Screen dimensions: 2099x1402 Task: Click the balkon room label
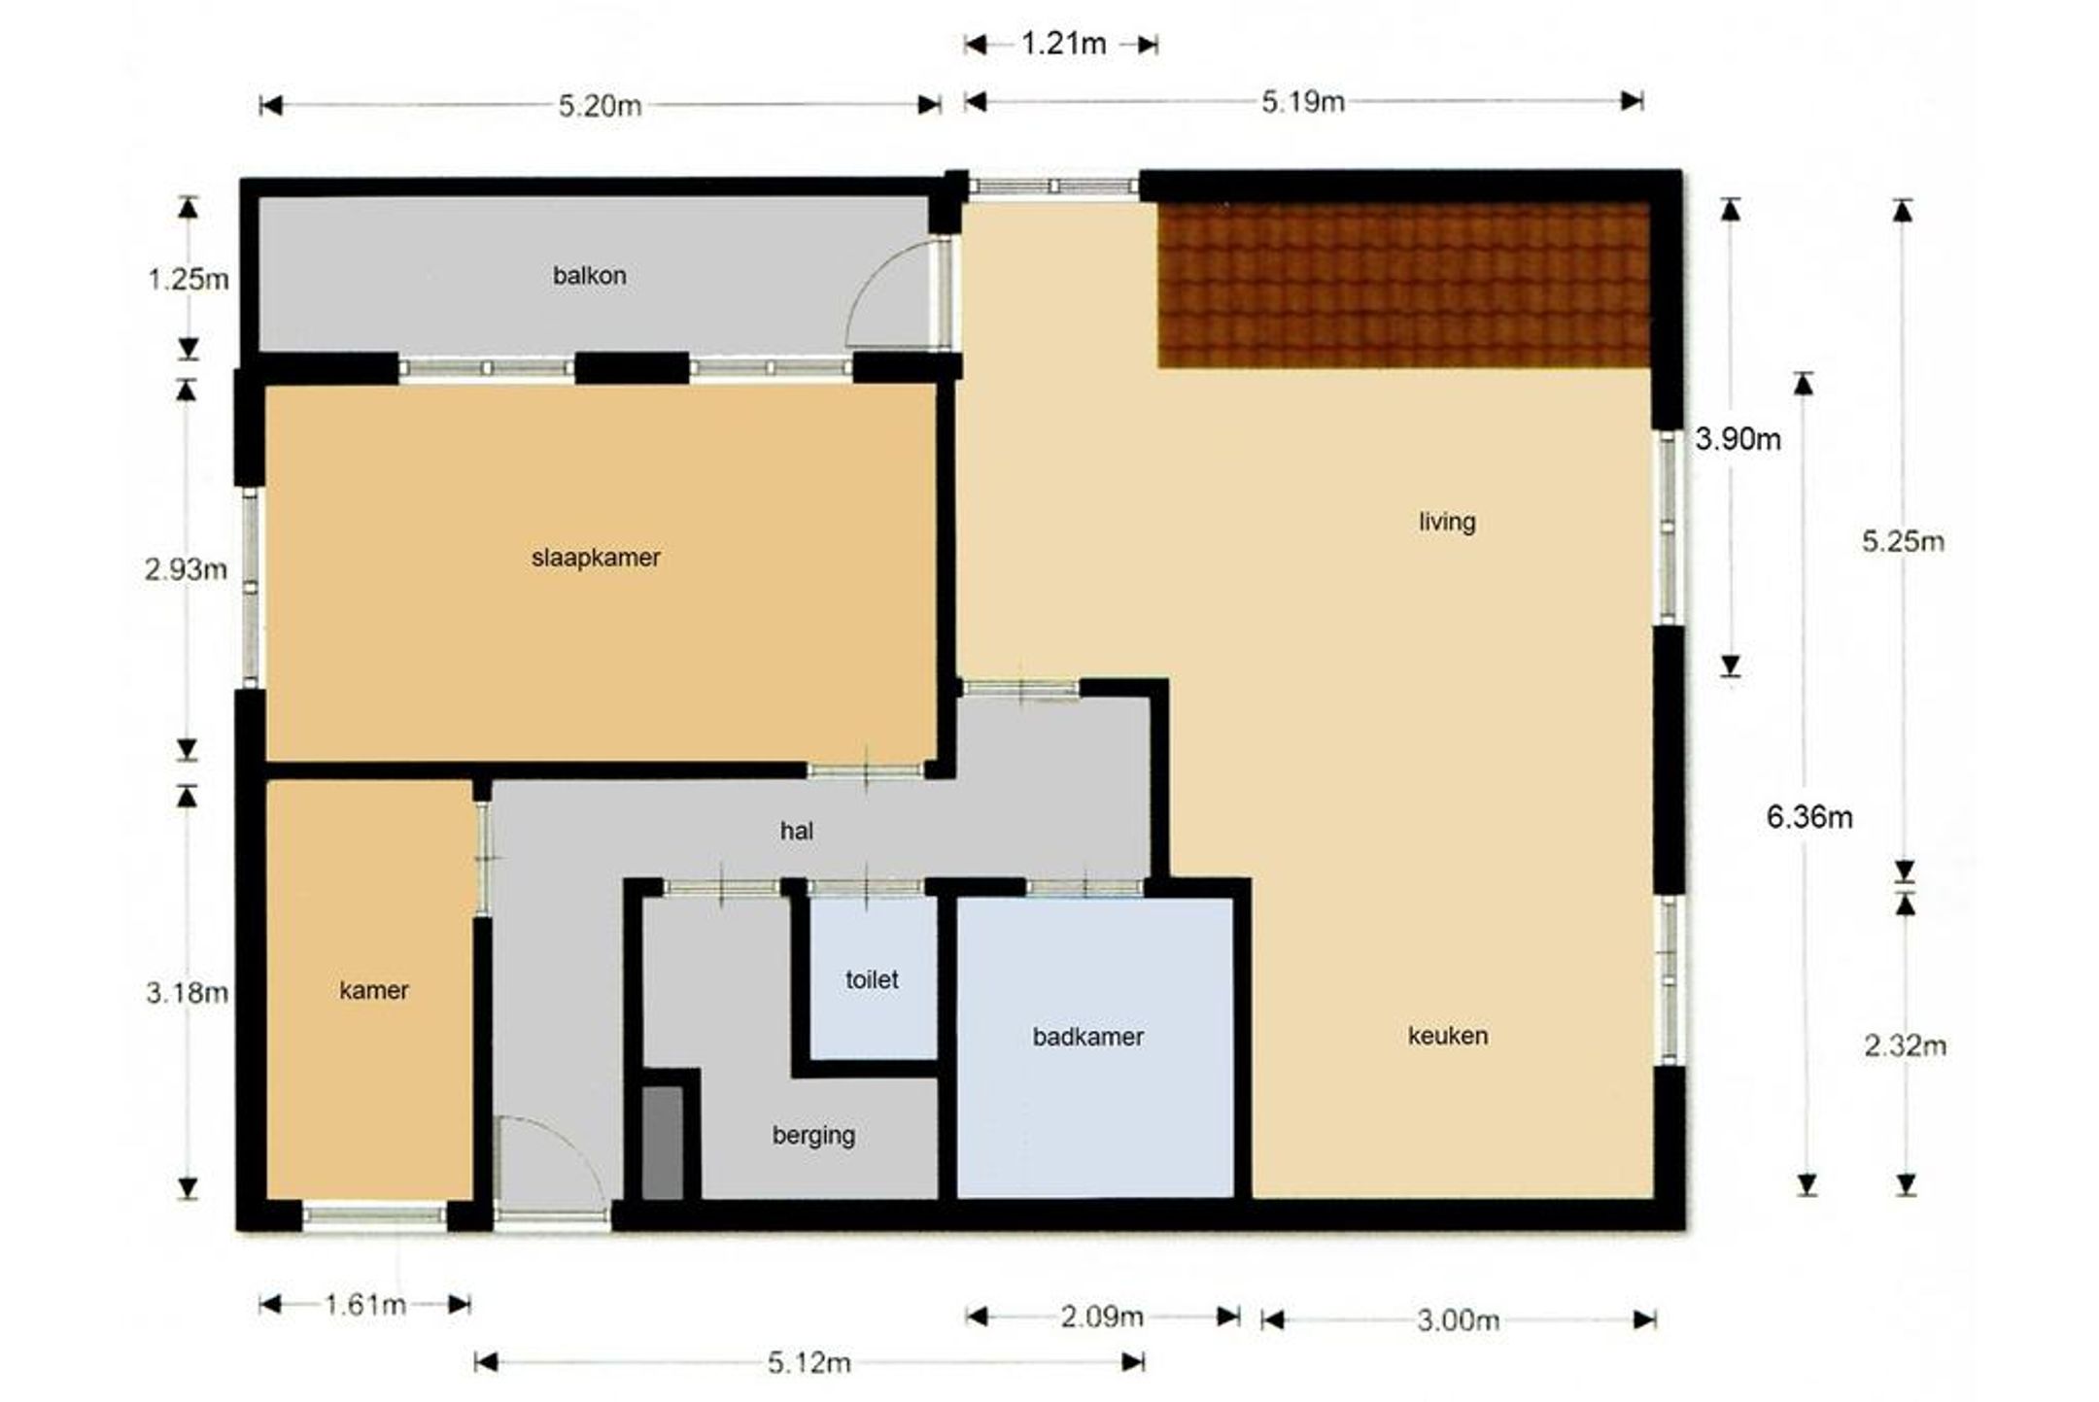tap(589, 276)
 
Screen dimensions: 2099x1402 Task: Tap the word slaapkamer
tap(596, 558)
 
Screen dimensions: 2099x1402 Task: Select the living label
tap(1447, 523)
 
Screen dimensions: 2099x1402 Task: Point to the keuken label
tap(1448, 1036)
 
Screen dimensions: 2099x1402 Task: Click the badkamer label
tap(1087, 1037)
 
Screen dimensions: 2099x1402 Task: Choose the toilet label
tap(872, 979)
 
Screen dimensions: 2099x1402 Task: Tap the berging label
tap(813, 1136)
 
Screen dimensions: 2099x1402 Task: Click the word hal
tap(797, 831)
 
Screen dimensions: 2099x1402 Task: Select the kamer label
tap(374, 990)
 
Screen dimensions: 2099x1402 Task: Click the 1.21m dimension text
tap(1063, 44)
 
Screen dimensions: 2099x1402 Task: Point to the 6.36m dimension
tap(1809, 817)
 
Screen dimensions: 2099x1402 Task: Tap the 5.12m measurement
tap(809, 1363)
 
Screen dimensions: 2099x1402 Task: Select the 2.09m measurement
tap(1102, 1317)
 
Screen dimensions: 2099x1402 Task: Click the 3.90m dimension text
tap(1738, 439)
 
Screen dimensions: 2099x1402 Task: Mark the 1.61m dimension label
tap(365, 1304)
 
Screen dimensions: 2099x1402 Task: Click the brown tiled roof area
tap(1404, 285)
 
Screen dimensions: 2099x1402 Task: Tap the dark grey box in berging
tap(663, 1143)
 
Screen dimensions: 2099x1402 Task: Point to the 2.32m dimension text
tap(1905, 1045)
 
